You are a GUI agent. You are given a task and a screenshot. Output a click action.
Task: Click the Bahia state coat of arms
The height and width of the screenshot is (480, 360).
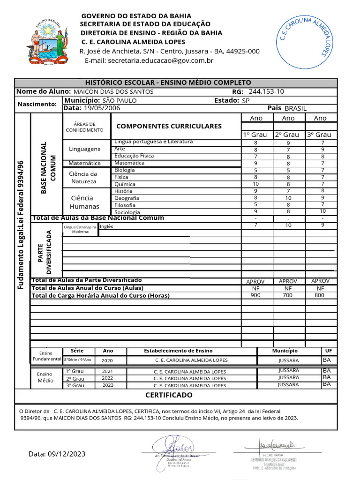tap(47, 43)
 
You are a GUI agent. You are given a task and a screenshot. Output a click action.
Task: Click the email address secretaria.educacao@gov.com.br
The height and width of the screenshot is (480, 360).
tap(149, 60)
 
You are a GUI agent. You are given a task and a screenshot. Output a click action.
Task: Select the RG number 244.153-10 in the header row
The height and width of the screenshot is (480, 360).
tap(266, 91)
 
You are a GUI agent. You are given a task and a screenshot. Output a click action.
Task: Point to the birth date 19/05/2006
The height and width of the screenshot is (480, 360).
tap(102, 108)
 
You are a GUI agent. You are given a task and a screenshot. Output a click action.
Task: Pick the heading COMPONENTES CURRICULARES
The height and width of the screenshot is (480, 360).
tap(169, 126)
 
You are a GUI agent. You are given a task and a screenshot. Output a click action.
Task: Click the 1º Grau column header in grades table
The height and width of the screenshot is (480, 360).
tap(255, 135)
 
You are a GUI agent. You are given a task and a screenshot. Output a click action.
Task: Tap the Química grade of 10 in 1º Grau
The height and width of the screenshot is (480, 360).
tap(255, 184)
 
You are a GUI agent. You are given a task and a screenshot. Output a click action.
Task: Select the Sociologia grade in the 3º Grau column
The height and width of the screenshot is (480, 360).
tap(322, 211)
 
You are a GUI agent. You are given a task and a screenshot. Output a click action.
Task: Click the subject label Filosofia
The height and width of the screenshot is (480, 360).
tap(125, 205)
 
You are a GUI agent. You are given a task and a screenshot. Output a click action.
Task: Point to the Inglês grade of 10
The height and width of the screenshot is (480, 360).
tap(288, 225)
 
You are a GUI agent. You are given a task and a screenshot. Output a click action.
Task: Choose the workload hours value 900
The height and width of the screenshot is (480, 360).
tap(255, 295)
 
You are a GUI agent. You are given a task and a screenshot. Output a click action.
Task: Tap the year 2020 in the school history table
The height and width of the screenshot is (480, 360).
tap(107, 361)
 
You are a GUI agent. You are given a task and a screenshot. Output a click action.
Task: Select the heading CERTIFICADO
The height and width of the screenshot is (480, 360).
tap(169, 395)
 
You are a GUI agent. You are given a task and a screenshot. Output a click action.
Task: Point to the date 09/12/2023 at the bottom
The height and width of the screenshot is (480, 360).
tap(57, 454)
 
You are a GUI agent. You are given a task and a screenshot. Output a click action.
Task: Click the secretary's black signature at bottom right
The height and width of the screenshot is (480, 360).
tap(277, 443)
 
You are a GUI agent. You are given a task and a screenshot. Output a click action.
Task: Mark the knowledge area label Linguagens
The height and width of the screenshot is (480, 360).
tap(84, 149)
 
